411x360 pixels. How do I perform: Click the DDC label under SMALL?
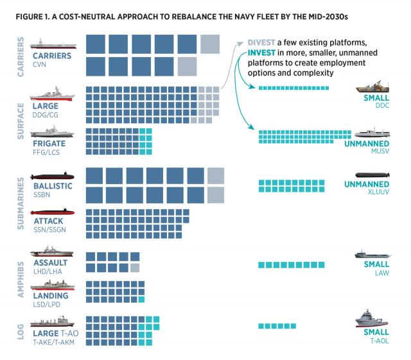tap(381, 107)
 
